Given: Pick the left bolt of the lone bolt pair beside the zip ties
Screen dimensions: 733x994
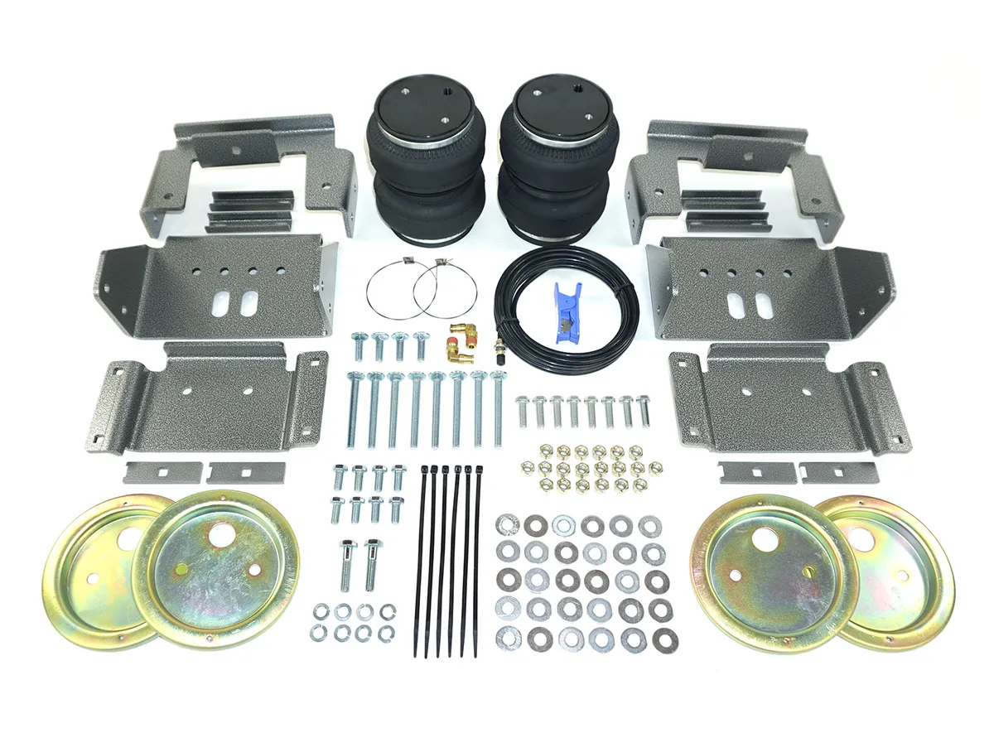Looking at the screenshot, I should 347,564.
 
